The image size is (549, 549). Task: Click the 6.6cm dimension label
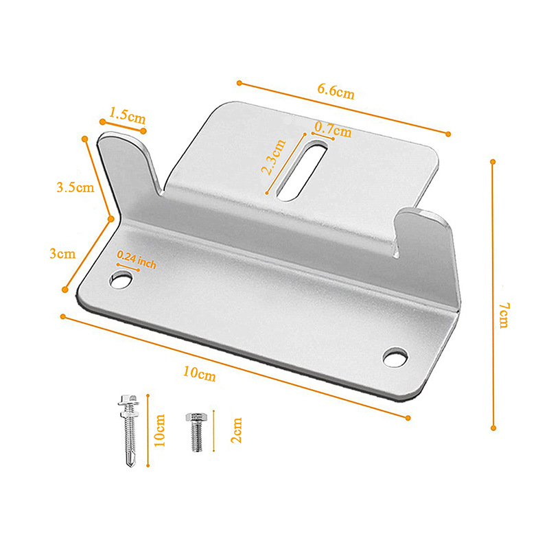click(x=336, y=91)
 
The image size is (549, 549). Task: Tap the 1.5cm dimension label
click(x=128, y=115)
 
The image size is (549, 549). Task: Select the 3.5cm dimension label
click(x=75, y=187)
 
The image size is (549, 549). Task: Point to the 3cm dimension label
click(x=62, y=253)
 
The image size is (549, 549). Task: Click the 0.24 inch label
click(x=136, y=259)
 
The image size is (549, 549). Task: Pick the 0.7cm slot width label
click(x=333, y=130)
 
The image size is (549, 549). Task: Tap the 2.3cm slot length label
click(x=274, y=157)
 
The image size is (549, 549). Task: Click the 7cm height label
click(x=504, y=316)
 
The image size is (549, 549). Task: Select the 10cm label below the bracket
click(x=199, y=373)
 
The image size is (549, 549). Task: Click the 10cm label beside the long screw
click(x=159, y=430)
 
